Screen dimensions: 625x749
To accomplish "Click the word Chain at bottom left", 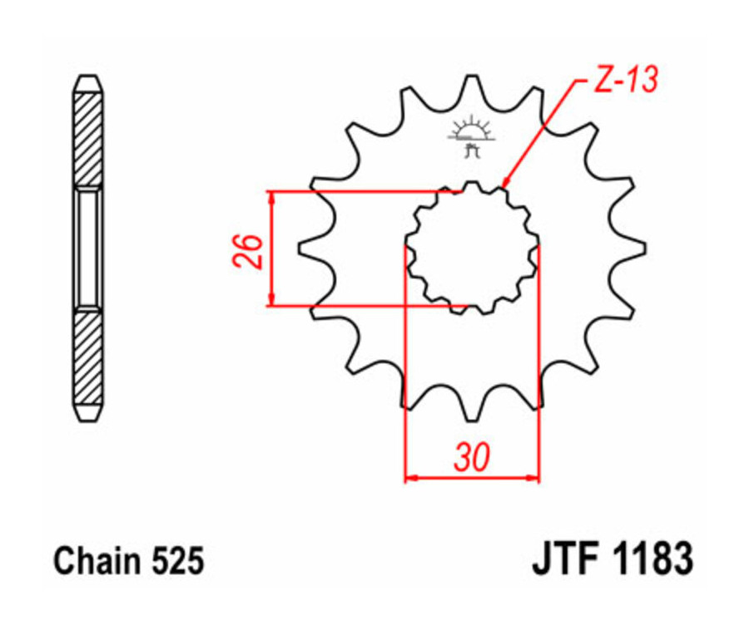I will click(x=92, y=562).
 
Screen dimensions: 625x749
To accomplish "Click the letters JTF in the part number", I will click(x=566, y=560).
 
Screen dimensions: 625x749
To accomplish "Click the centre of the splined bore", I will click(x=472, y=248).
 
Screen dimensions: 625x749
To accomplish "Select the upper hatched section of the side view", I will click(x=88, y=137).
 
